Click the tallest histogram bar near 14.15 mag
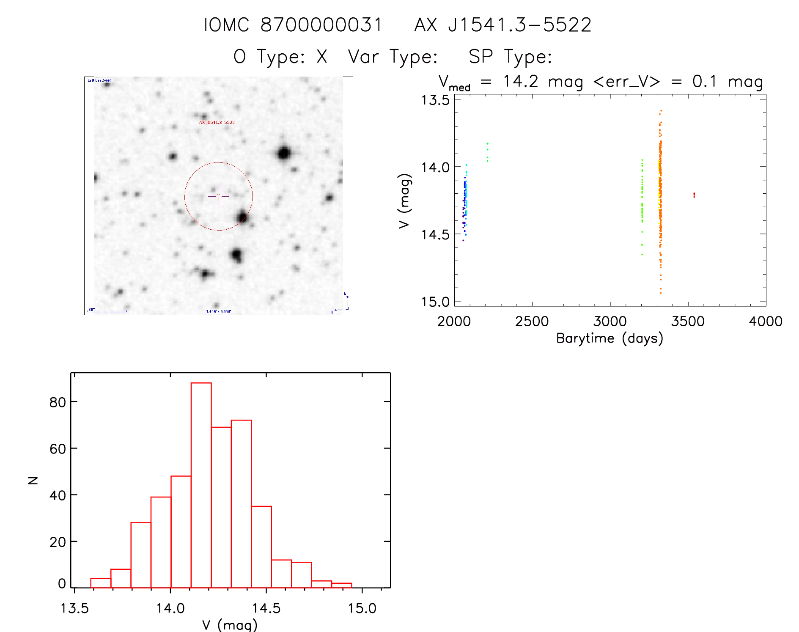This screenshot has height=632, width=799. point(201,485)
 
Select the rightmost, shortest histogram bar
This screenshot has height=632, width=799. point(342,585)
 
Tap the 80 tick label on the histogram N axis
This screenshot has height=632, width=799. point(58,402)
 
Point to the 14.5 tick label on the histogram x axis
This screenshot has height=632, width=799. point(266,608)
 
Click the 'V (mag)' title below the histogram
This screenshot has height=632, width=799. point(230,624)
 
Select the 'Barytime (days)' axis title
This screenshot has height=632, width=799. point(610,338)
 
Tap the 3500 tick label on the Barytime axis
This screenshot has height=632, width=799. point(688,321)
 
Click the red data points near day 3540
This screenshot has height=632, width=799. point(694,195)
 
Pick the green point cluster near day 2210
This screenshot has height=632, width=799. point(487,152)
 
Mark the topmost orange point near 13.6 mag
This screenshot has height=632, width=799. point(661,111)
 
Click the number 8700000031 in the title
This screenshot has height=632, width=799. point(321,25)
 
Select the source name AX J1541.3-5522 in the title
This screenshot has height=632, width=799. point(502,25)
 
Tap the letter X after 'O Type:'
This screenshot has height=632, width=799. point(322,57)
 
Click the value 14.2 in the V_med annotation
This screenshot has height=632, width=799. point(520,81)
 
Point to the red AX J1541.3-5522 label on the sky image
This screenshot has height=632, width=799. point(217,122)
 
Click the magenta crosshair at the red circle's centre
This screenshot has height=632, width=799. point(218,196)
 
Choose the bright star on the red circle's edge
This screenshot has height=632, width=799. point(242,217)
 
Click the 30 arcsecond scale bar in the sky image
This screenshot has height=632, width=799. point(108,311)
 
